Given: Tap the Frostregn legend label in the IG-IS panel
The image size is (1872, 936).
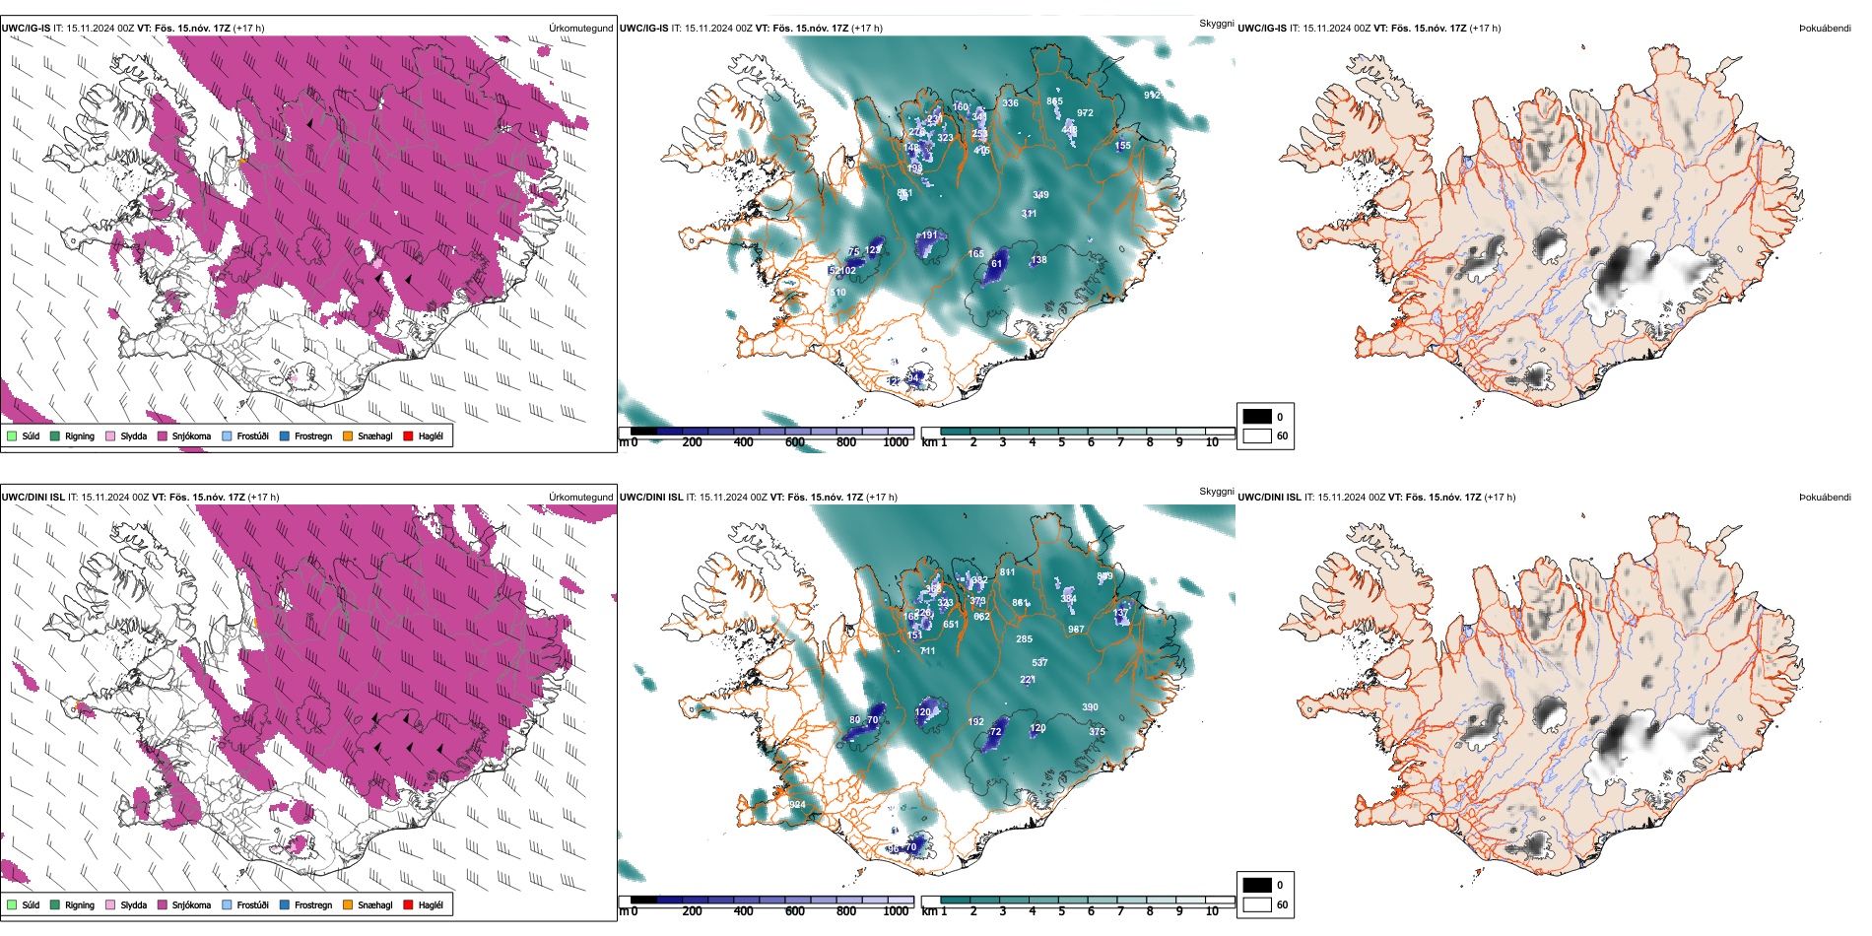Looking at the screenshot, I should click(312, 435).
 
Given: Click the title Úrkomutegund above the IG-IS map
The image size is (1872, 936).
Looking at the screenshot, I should click(580, 28).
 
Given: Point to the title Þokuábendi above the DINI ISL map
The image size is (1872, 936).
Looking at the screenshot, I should click(1825, 497).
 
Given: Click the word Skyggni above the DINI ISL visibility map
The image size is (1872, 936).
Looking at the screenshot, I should click(1216, 491).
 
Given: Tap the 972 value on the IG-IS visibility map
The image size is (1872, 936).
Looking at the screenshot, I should click(1085, 113).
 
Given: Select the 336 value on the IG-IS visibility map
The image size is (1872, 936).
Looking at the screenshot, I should click(1010, 103).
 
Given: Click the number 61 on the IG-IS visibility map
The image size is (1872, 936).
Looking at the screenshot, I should click(996, 264).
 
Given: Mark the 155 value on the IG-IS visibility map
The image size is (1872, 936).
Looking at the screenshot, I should click(1123, 146).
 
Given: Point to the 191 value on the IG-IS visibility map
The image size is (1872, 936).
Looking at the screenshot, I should click(929, 236).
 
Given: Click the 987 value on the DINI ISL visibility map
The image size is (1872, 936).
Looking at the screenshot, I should click(1076, 629).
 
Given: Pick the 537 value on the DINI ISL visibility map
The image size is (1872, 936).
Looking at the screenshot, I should click(1039, 662).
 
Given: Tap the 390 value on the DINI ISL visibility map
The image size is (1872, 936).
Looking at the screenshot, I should click(1090, 707).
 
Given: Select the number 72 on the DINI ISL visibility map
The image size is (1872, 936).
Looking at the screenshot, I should click(995, 732).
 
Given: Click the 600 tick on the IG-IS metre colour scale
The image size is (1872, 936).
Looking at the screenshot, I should click(794, 442).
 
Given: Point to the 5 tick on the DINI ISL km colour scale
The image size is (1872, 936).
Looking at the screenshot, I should click(1061, 911).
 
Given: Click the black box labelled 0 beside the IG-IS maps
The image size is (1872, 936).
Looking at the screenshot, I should click(1257, 417).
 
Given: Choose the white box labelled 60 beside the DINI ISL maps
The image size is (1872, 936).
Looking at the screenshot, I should click(1257, 904).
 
